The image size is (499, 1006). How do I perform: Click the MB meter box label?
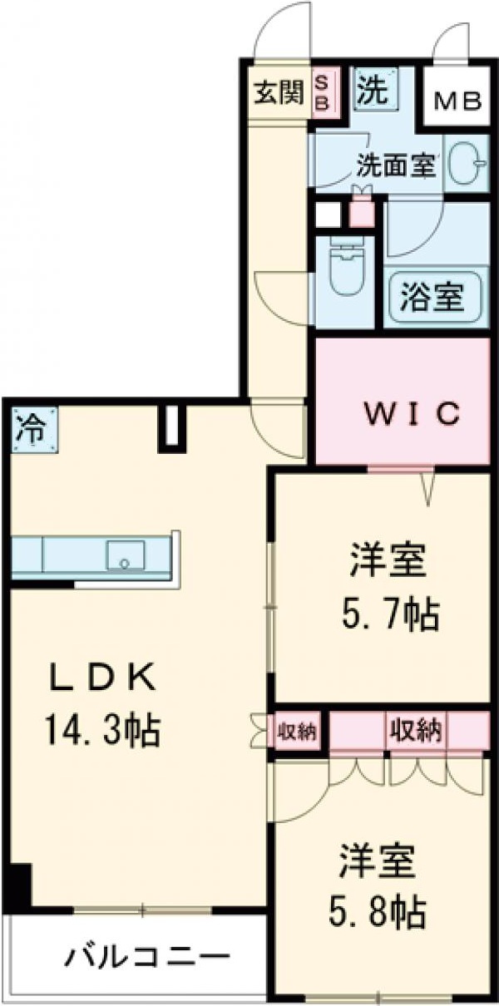(458, 101)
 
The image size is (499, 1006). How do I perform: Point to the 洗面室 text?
(396, 165)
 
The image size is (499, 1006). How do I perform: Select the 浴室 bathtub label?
(432, 298)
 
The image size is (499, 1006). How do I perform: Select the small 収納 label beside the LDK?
(297, 732)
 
